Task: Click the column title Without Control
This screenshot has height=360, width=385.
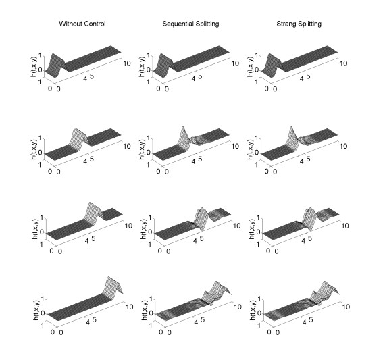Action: pyautogui.click(x=82, y=24)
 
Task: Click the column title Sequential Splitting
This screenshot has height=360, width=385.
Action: pyautogui.click(x=190, y=24)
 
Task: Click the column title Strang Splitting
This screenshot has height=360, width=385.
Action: pyautogui.click(x=299, y=24)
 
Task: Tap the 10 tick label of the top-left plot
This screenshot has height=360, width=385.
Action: pyautogui.click(x=127, y=63)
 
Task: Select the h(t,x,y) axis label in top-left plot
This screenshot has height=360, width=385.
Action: pyautogui.click(x=33, y=67)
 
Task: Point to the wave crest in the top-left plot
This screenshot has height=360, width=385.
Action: pyautogui.click(x=53, y=55)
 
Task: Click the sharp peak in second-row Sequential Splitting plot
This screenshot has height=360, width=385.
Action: pyautogui.click(x=182, y=128)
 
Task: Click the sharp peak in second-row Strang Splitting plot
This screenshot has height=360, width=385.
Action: pyautogui.click(x=291, y=128)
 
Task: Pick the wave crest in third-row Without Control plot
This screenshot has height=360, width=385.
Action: pyautogui.click(x=91, y=203)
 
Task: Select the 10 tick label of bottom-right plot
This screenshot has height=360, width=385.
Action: pyautogui.click(x=346, y=307)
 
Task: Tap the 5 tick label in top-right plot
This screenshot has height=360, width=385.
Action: pyautogui.click(x=309, y=76)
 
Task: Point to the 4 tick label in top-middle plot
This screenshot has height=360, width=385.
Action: pyautogui.click(x=193, y=79)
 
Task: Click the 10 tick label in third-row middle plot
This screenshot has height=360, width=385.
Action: pyautogui.click(x=236, y=226)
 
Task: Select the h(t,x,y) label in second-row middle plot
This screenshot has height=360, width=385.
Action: pyautogui.click(x=142, y=149)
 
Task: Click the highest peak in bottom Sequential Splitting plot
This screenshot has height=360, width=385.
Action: pyautogui.click(x=216, y=282)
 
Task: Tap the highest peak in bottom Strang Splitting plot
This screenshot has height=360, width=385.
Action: pyautogui.click(x=325, y=282)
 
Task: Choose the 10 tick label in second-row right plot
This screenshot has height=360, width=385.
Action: pyautogui.click(x=343, y=146)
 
